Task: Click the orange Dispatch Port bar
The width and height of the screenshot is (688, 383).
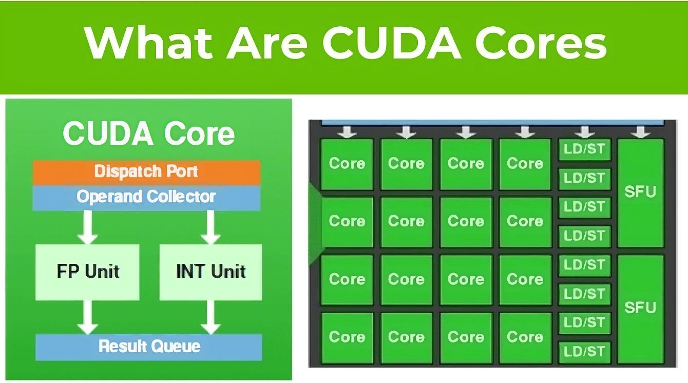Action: [146, 171]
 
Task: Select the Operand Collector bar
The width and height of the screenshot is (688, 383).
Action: [146, 197]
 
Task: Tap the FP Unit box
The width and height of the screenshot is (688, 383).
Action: [88, 272]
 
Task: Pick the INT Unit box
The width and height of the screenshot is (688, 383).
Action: [211, 272]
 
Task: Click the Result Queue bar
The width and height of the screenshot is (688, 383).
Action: [149, 347]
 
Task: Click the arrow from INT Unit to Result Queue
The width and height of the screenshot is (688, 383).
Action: [211, 317]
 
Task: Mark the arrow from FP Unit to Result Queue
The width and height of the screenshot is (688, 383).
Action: [88, 317]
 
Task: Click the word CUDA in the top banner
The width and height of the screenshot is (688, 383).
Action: [392, 43]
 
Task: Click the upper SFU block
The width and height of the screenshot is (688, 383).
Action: [640, 193]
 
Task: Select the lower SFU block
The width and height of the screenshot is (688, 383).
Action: [640, 308]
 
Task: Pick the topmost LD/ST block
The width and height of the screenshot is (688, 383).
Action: [584, 150]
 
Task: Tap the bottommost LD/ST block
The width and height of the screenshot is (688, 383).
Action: [584, 352]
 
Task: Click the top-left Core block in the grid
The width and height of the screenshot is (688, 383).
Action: [347, 164]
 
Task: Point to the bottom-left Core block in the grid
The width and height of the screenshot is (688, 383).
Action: [347, 337]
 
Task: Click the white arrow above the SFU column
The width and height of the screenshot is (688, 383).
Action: [640, 132]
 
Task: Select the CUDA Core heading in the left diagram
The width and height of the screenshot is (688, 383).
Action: [149, 133]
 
